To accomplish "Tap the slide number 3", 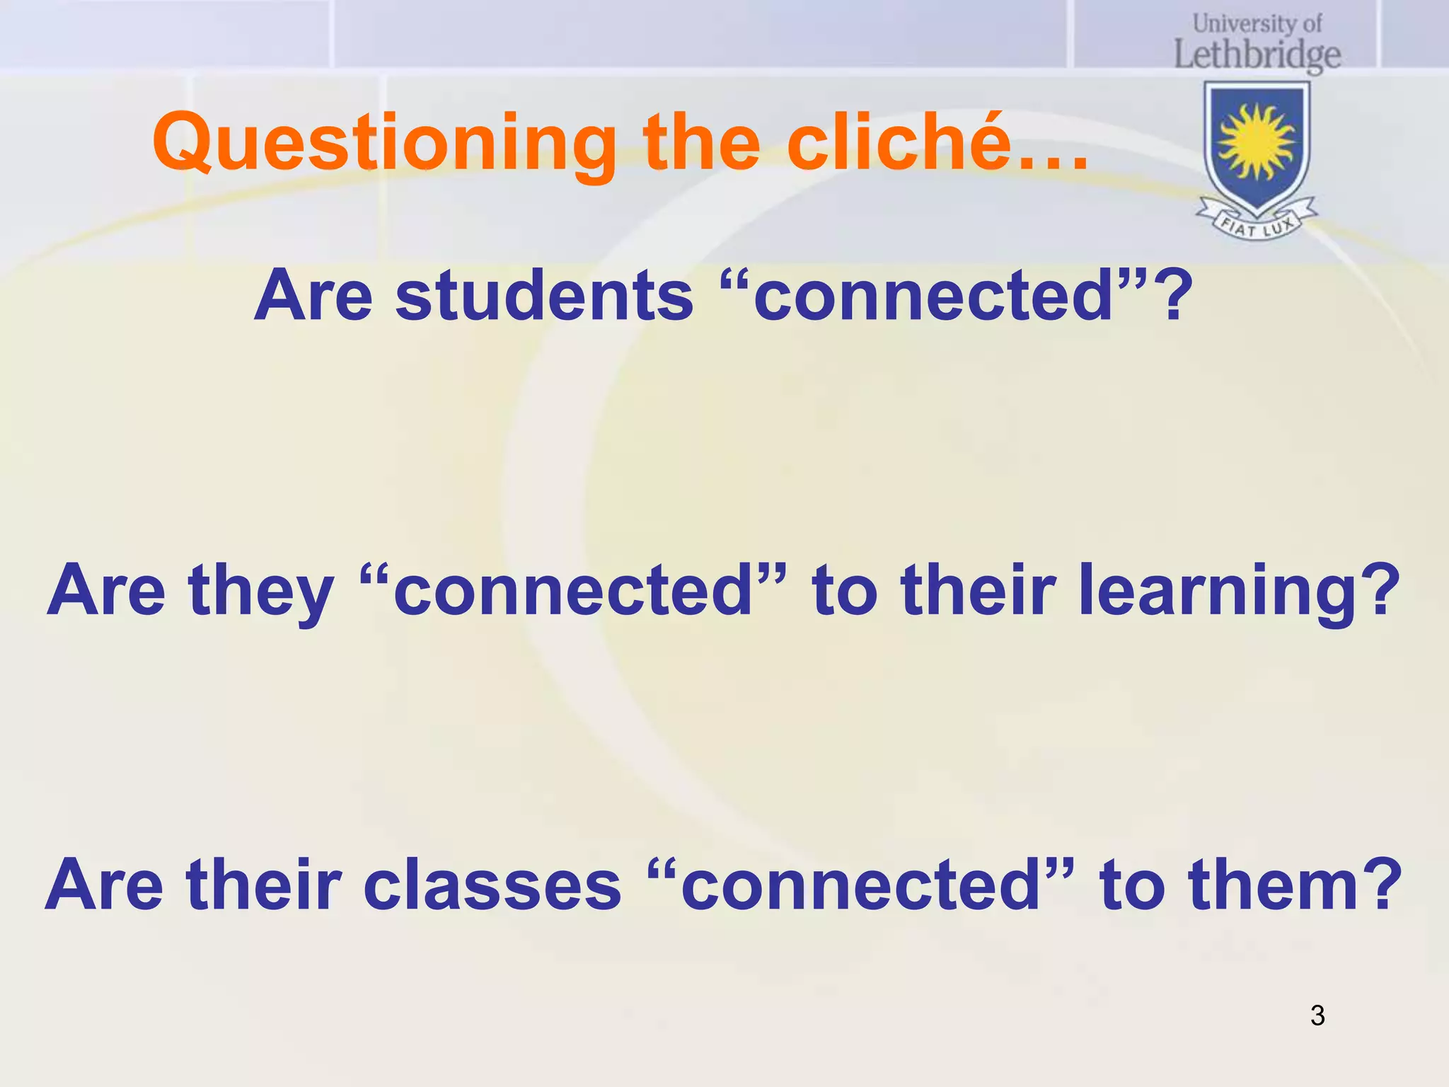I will click(1317, 1016).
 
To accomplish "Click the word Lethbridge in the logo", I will click(1257, 55).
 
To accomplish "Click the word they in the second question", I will click(261, 591).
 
